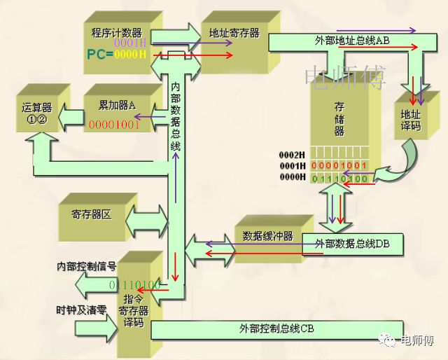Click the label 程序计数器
point(117,32)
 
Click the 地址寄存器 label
point(234,33)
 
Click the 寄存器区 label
point(91,214)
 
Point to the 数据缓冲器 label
point(267,235)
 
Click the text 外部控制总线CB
point(277,328)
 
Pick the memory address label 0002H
point(293,153)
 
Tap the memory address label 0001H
point(293,165)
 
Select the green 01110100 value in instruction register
point(135,285)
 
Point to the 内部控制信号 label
point(85,267)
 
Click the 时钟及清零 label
point(81,309)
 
